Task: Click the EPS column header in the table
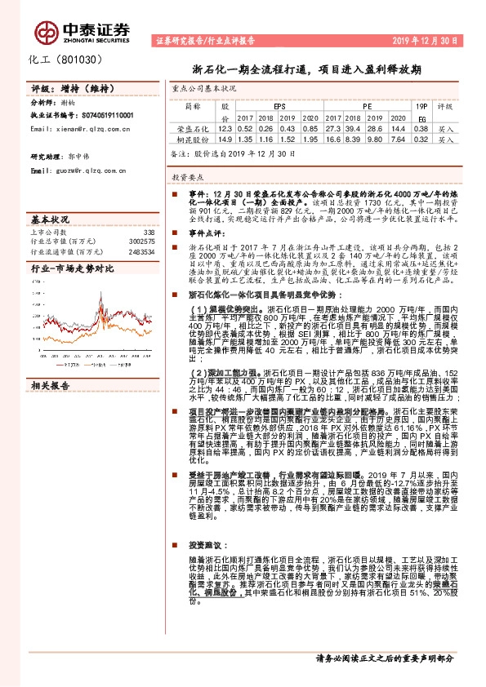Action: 279,106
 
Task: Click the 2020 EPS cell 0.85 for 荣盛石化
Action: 311,129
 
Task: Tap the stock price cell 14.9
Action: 225,140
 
